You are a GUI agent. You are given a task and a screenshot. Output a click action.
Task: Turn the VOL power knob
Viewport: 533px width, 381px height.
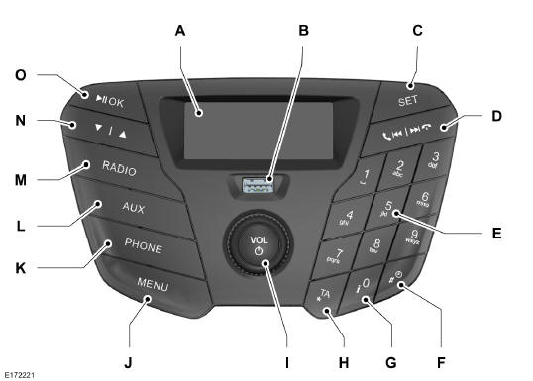point(259,245)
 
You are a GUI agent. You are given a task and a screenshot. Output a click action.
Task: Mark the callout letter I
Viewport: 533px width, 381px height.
point(287,361)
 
